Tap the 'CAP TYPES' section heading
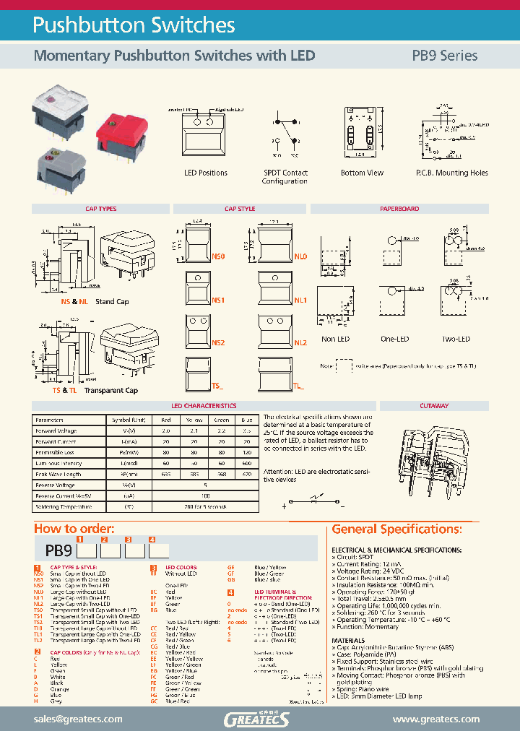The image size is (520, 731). [100, 209]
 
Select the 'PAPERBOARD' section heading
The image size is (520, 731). [399, 209]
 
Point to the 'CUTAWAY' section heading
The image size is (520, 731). [433, 406]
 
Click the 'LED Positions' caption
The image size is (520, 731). [206, 173]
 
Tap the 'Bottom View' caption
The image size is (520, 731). [362, 173]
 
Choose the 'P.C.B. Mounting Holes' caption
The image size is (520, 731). [451, 173]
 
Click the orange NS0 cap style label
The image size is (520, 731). [220, 256]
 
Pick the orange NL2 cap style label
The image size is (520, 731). [300, 342]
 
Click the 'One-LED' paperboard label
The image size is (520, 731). [395, 339]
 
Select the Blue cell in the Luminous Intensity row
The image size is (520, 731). [246, 462]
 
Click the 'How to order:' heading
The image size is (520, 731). [74, 529]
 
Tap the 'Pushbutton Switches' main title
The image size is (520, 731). [134, 25]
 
